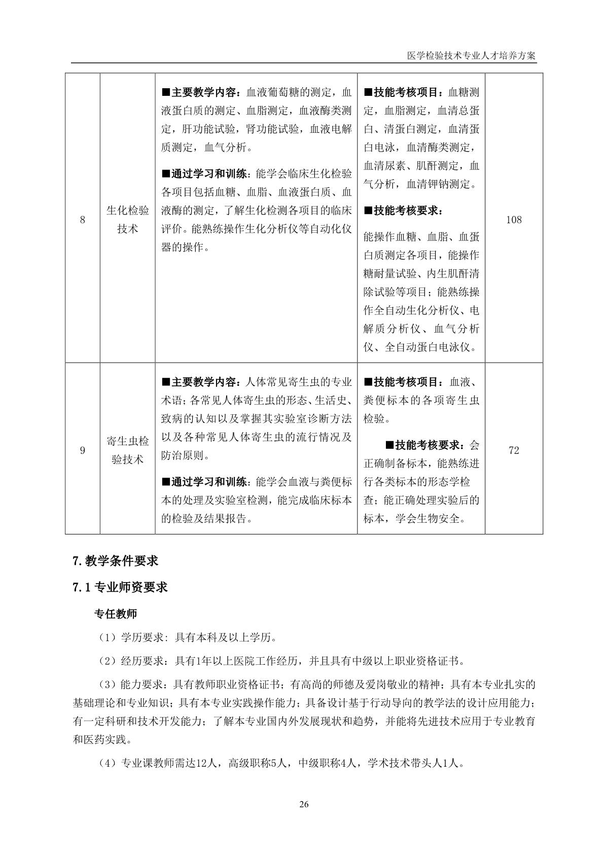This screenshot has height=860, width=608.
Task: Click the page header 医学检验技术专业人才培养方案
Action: pyautogui.click(x=471, y=56)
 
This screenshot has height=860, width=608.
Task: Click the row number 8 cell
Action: pyautogui.click(x=83, y=220)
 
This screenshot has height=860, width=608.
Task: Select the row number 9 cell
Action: pyautogui.click(x=83, y=450)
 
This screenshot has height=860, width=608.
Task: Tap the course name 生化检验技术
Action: pyautogui.click(x=128, y=220)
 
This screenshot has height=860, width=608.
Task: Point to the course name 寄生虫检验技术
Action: pyautogui.click(x=128, y=450)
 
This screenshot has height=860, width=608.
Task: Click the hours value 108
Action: pyautogui.click(x=514, y=220)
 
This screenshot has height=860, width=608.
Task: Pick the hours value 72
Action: pyautogui.click(x=514, y=450)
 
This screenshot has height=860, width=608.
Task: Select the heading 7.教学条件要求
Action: pyautogui.click(x=116, y=561)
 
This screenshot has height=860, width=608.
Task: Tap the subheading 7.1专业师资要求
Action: pyautogui.click(x=120, y=587)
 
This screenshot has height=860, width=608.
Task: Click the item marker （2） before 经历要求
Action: pyautogui.click(x=106, y=661)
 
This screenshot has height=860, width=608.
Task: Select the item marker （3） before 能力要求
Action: pyautogui.click(x=106, y=685)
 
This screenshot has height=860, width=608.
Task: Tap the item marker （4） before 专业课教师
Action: pyautogui.click(x=106, y=763)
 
